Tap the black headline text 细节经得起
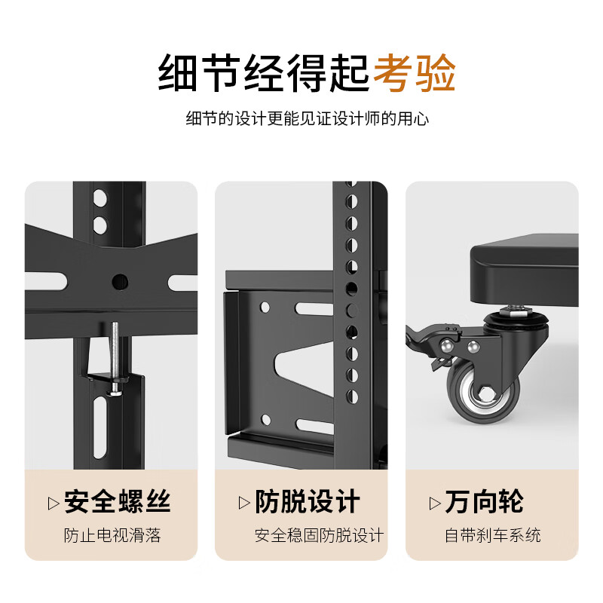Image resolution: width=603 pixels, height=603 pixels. click(263, 74)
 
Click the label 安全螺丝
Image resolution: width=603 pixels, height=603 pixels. click(118, 501)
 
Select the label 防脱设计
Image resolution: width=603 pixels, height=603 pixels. click(308, 501)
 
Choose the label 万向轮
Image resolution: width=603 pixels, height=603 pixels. click(484, 501)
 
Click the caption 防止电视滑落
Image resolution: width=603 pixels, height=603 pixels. click(112, 536)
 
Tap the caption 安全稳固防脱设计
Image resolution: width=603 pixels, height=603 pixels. click(319, 536)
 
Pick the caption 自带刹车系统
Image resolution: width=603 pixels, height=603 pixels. click(492, 536)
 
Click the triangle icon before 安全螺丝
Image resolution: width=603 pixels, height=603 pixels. click(54, 502)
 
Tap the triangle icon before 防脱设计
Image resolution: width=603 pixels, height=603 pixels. click(244, 502)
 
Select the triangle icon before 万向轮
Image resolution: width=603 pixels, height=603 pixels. click(435, 502)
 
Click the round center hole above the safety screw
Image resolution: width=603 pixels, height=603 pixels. click(120, 281)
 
